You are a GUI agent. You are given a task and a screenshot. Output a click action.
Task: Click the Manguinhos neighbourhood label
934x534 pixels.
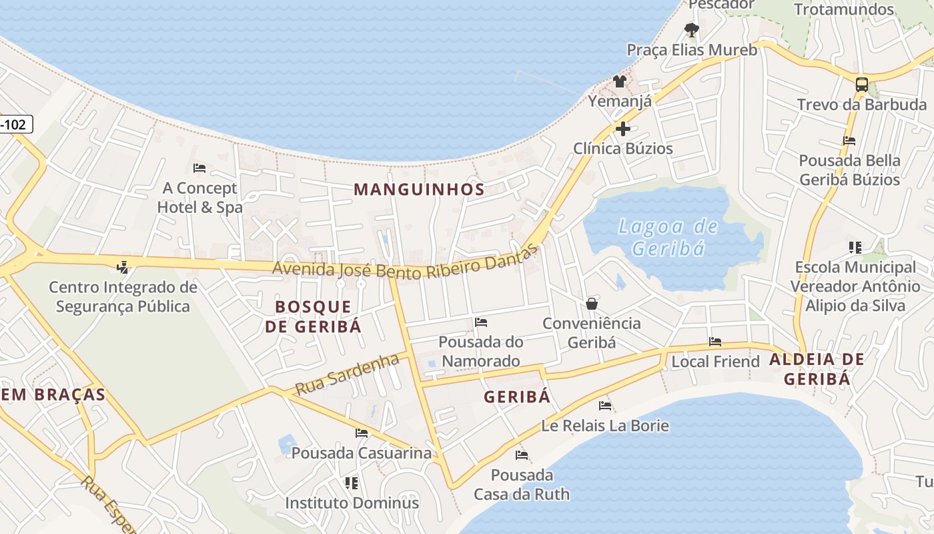[x=419, y=190]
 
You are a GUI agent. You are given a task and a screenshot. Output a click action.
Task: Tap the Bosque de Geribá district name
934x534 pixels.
[x=313, y=316]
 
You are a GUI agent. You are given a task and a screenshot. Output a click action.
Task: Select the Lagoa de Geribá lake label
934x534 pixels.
[x=668, y=238]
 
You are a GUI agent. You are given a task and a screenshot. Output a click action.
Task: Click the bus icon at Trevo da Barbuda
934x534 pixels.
[x=862, y=85]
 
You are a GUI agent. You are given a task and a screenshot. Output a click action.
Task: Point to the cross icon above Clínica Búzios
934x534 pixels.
[x=623, y=129]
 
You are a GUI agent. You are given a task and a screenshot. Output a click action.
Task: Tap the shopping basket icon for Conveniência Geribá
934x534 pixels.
[x=592, y=304]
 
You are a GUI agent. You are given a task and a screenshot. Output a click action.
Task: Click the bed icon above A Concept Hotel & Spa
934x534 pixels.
[x=199, y=168]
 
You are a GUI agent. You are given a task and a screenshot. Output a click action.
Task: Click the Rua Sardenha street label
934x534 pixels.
[x=347, y=374]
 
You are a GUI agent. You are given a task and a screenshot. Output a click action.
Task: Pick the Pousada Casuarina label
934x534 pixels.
[x=362, y=453]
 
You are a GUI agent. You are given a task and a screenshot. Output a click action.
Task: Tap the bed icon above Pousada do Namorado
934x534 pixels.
[x=481, y=322]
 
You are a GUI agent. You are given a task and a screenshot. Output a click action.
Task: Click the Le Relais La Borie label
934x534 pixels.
[x=605, y=425]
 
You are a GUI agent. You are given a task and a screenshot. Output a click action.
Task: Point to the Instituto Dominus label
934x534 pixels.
[x=352, y=503]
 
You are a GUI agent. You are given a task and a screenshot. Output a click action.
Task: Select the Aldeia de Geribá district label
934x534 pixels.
[x=817, y=369]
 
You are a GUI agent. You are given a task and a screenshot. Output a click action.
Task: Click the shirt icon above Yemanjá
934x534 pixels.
[x=620, y=81]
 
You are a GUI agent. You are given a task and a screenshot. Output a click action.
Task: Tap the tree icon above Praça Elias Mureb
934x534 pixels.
[x=692, y=30]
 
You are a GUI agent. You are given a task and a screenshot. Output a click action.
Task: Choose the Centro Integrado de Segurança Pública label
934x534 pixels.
[x=123, y=297]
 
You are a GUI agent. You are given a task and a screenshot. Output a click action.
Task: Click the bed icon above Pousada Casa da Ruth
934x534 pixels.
[x=522, y=455]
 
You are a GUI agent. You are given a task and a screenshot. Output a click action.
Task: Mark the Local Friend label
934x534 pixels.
[x=715, y=362]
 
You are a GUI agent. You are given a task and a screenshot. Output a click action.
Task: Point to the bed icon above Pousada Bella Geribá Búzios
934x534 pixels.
[x=849, y=141]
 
